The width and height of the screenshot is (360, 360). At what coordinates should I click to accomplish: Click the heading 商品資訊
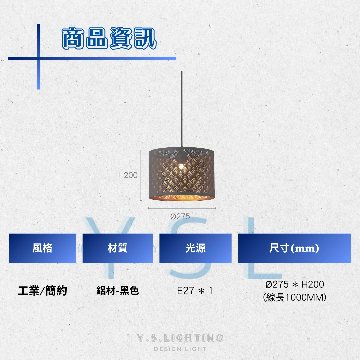109,38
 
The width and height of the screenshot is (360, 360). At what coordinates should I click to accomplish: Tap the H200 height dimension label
128,175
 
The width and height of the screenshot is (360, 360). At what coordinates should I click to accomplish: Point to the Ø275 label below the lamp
180,217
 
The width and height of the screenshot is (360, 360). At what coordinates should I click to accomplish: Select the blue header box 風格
42,248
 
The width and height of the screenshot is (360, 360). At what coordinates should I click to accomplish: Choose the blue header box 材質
118,248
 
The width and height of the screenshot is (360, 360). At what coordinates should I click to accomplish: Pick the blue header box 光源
195,248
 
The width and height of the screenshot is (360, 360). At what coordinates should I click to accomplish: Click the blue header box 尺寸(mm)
295,248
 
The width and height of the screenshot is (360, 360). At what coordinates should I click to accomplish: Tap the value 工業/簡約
42,291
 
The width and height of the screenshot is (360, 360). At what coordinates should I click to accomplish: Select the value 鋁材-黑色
118,290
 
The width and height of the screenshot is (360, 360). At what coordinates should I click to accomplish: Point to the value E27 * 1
195,291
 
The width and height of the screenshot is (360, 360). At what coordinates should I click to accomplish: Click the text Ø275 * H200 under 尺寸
295,284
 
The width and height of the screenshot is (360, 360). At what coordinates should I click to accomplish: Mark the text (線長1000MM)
295,297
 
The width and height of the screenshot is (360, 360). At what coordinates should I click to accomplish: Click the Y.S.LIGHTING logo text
180,338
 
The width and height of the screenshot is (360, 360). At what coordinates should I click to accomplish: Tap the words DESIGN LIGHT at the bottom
180,349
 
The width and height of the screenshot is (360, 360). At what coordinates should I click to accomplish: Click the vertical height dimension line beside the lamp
141,175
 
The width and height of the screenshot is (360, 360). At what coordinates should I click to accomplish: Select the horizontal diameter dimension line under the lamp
182,208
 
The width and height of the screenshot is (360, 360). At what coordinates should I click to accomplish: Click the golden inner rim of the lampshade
182,197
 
